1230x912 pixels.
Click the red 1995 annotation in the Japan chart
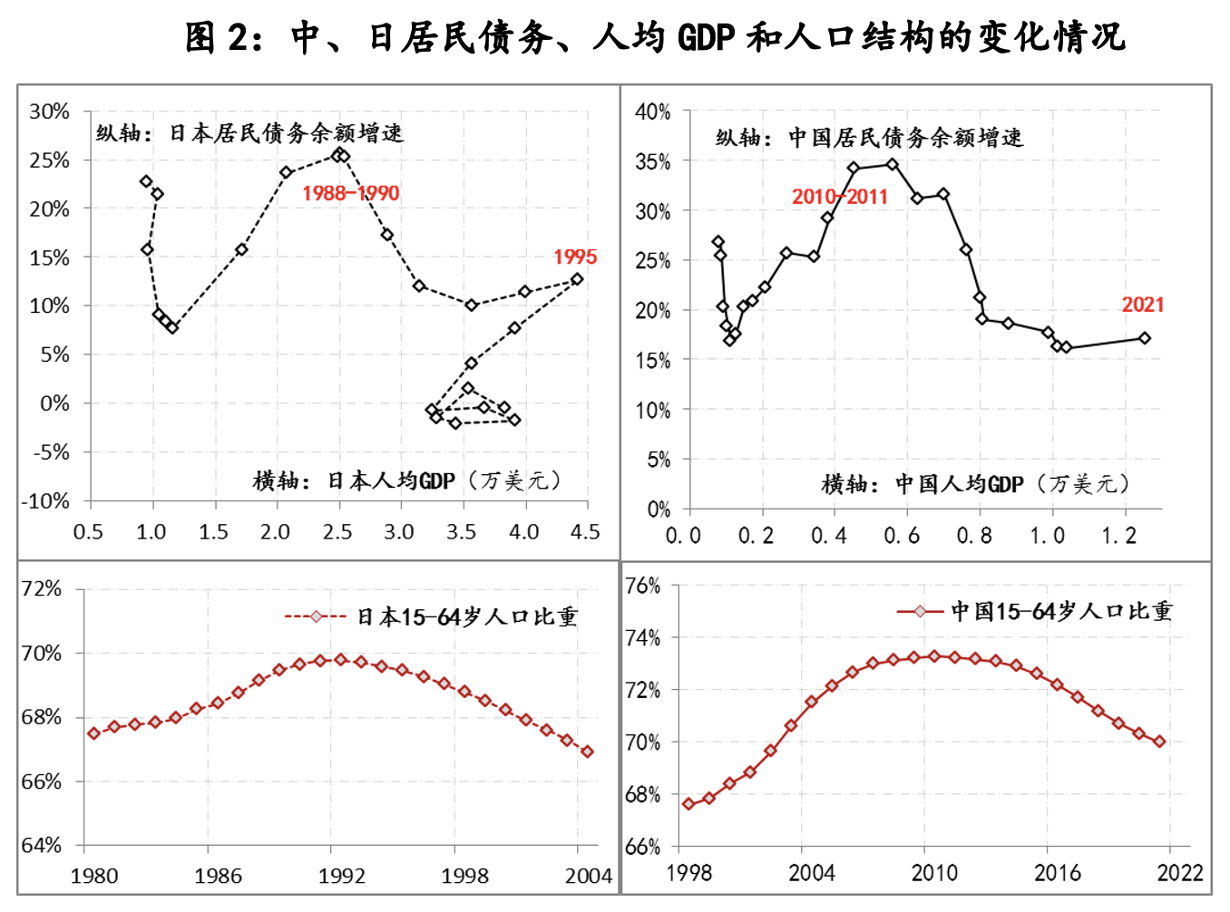[575, 257]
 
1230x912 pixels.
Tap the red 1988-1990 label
[350, 193]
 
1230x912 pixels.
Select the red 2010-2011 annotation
[839, 197]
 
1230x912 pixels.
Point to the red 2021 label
[1142, 306]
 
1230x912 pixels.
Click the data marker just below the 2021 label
[1145, 338]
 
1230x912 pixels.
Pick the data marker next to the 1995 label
[577, 279]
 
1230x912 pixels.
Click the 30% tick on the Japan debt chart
[49, 112]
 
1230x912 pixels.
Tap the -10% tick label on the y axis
[45, 501]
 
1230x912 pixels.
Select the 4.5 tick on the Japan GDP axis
[585, 532]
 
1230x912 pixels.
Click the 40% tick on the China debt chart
[653, 112]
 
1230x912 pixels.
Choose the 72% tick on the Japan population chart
[42, 589]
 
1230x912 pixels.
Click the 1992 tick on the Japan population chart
[341, 876]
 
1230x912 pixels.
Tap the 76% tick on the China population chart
[643, 586]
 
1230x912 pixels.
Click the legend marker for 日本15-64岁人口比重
[316, 617]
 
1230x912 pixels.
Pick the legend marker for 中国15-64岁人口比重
[921, 612]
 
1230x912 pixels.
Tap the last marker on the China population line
[1159, 742]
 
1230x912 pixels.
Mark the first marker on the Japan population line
[93, 733]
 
